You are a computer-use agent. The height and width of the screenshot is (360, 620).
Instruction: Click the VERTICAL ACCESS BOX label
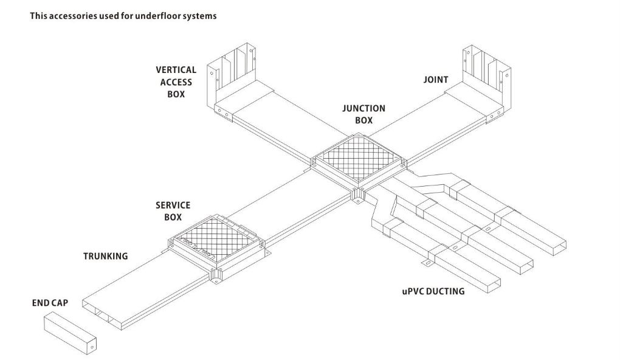(176, 82)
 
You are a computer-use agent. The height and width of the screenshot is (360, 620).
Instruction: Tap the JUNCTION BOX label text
(363, 114)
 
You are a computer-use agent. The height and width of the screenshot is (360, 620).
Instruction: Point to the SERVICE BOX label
(173, 211)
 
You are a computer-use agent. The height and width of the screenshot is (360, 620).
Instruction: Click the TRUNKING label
(105, 256)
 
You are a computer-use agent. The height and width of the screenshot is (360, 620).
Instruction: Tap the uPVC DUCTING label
(433, 291)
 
